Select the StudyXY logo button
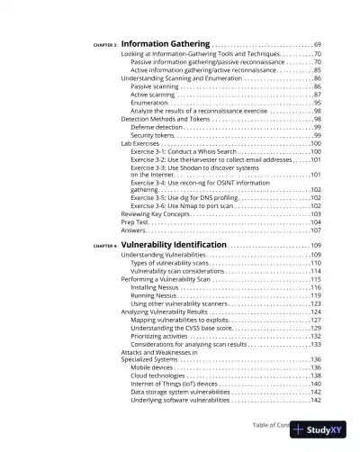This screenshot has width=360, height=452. point(319,430)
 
